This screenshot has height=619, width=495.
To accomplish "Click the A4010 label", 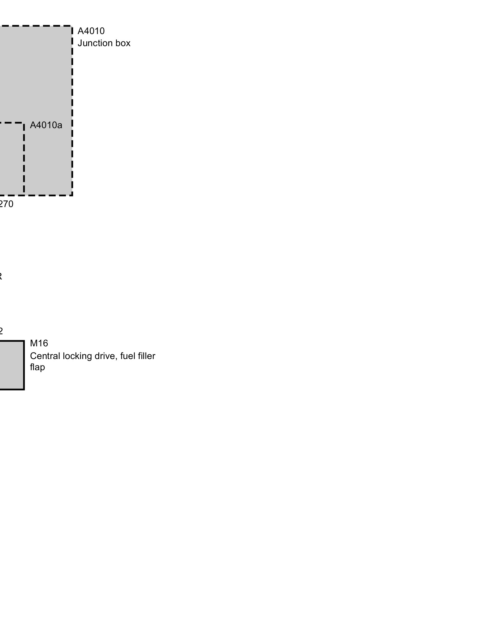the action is click(91, 31).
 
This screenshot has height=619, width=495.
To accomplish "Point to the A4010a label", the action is click(46, 125).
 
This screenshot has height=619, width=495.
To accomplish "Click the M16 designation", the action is click(39, 343).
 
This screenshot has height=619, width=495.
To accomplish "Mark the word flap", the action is click(37, 367).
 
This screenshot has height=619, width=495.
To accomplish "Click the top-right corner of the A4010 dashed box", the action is click(72, 26).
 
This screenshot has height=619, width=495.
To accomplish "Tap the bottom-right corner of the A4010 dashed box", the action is click(72, 195).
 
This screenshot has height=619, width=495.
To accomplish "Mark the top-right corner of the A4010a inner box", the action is click(24, 123).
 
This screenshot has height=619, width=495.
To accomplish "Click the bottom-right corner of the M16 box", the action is click(24, 389).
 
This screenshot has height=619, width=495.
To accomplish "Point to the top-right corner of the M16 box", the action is click(24, 341).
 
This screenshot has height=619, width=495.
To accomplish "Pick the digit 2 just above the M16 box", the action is click(1, 331).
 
